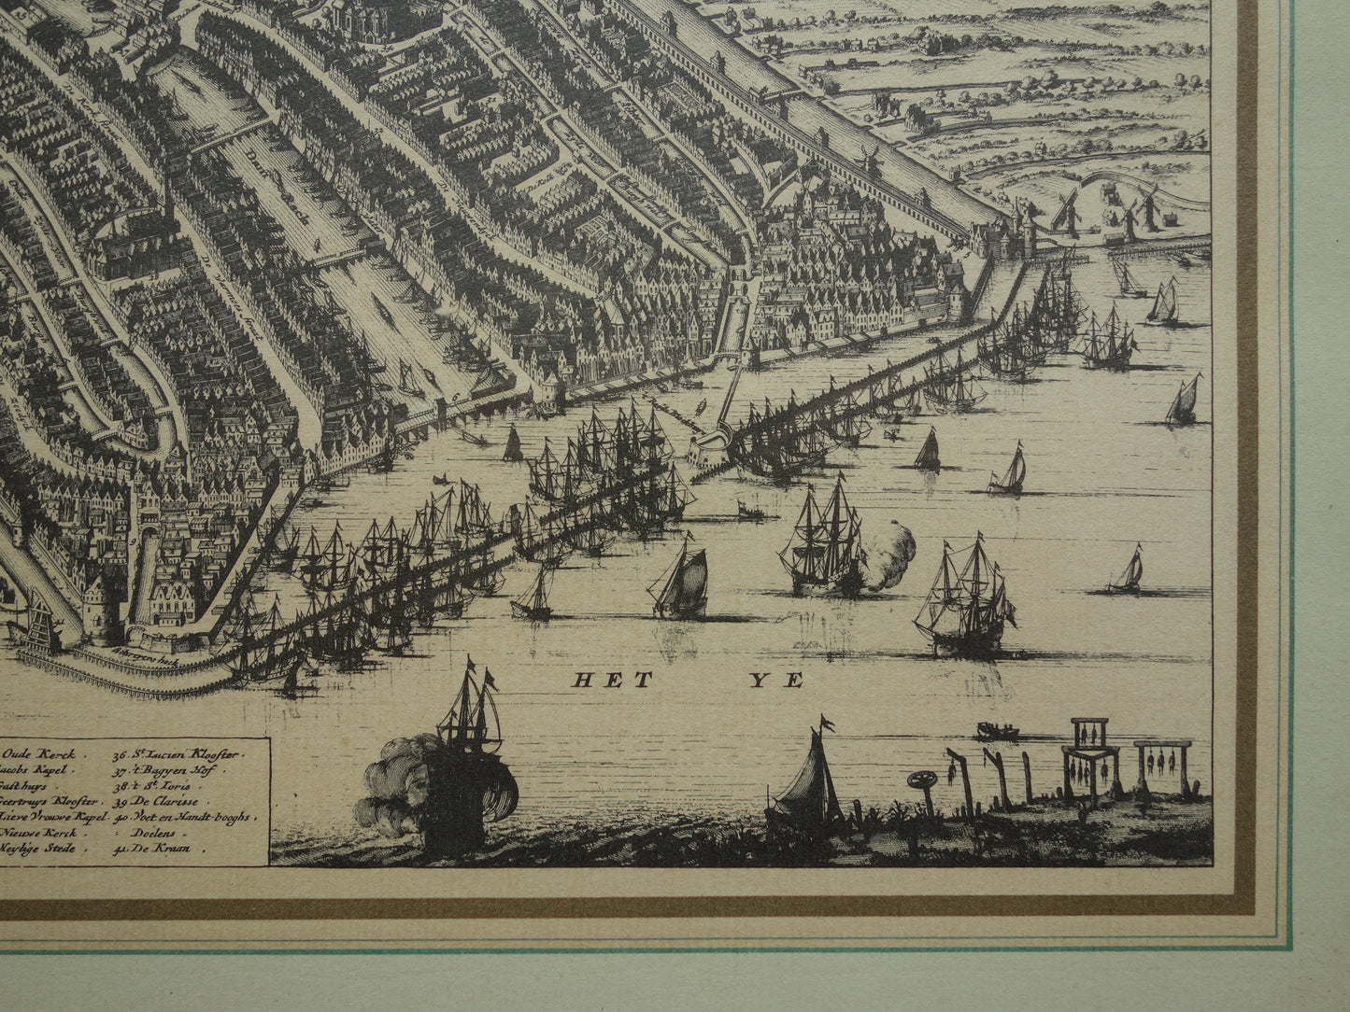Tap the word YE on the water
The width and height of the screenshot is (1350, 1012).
pos(784,681)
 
